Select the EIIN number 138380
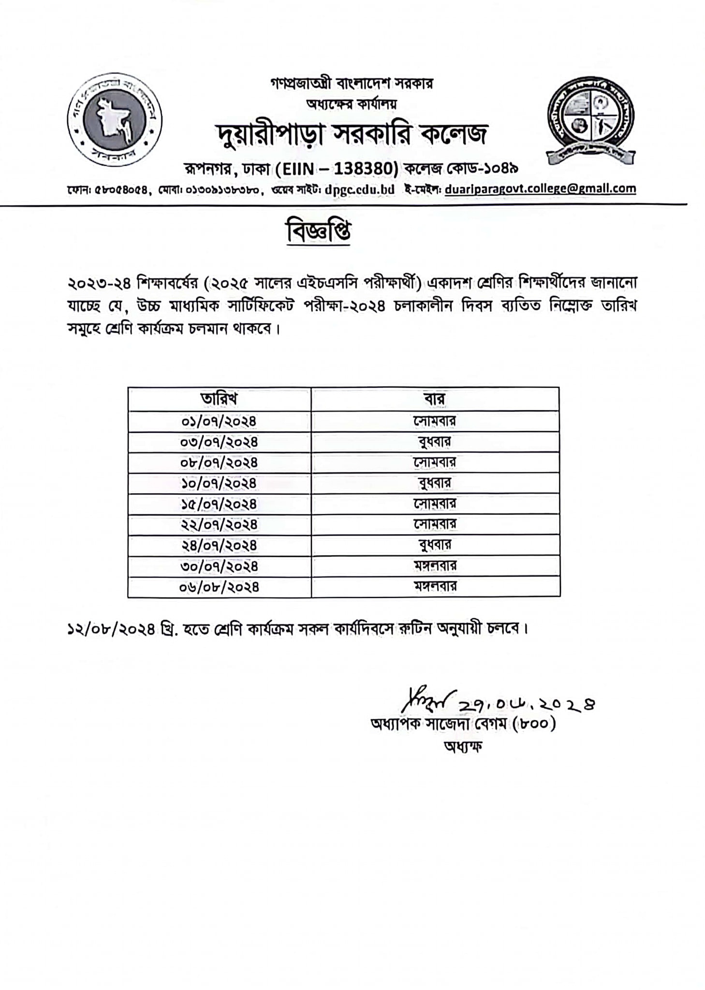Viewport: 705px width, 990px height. tap(365, 169)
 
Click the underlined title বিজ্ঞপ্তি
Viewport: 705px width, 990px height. tap(319, 232)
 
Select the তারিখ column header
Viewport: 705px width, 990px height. tap(219, 399)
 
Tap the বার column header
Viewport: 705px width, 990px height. tap(435, 399)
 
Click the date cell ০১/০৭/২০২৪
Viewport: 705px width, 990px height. tap(219, 422)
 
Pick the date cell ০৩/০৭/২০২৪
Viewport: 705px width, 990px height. tap(219, 442)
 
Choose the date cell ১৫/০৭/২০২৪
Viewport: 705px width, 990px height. tap(219, 504)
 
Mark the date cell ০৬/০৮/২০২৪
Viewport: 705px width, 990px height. tap(219, 587)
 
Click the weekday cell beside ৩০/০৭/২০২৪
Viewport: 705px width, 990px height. tap(435, 566)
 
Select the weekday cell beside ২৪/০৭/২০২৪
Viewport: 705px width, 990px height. tap(435, 545)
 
